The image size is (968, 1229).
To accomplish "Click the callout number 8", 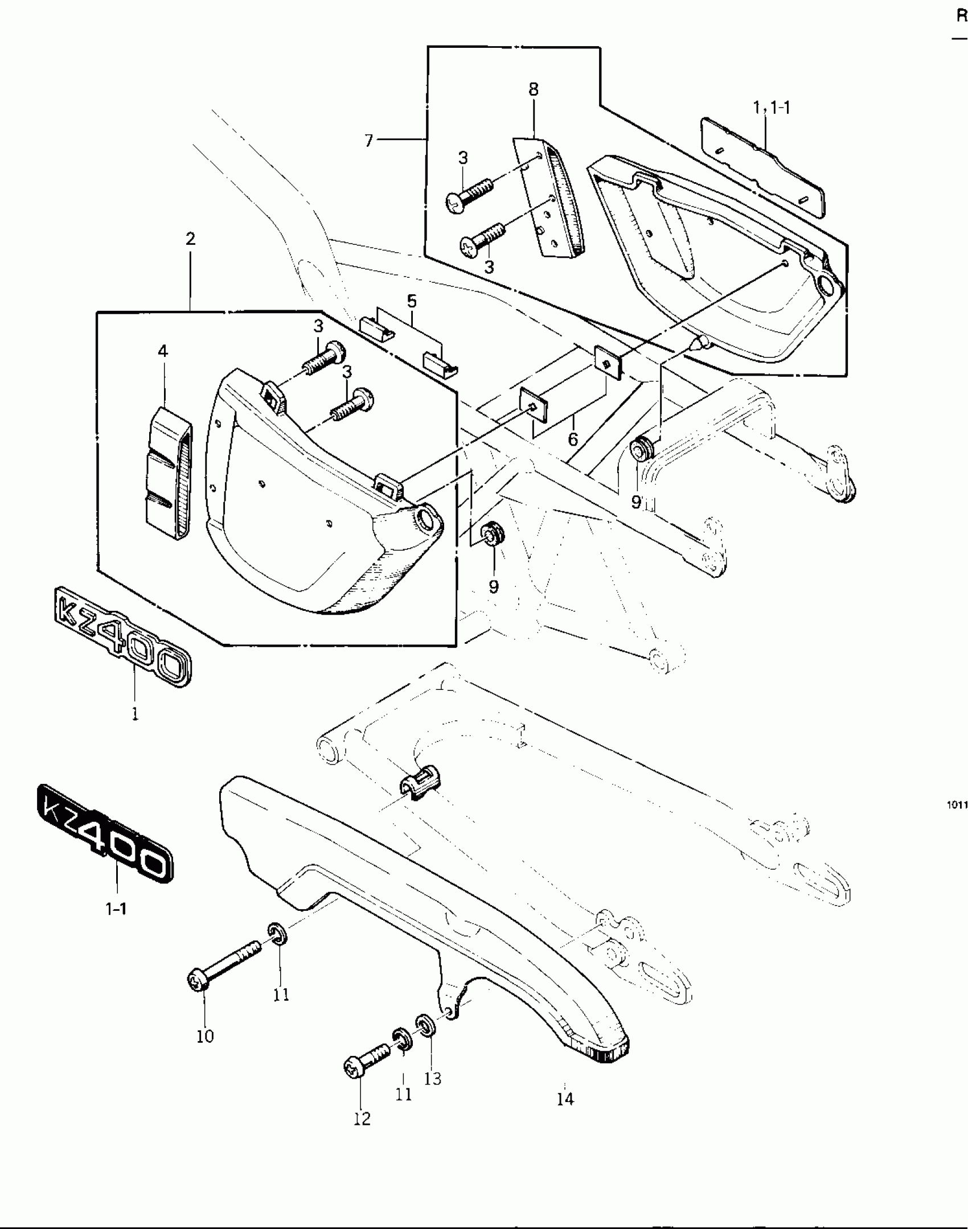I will click(534, 89).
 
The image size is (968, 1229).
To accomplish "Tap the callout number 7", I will click(369, 140).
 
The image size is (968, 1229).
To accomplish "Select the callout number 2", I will click(190, 239).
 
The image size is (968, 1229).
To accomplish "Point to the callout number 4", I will click(163, 351).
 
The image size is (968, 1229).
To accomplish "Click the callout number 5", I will click(412, 301).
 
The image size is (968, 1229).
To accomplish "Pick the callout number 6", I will click(573, 439).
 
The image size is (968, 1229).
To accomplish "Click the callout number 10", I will click(205, 1037).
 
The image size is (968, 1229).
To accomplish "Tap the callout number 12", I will click(362, 1119).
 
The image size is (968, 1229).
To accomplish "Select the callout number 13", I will click(433, 1079).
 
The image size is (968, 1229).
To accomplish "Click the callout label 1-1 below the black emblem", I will click(116, 909).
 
